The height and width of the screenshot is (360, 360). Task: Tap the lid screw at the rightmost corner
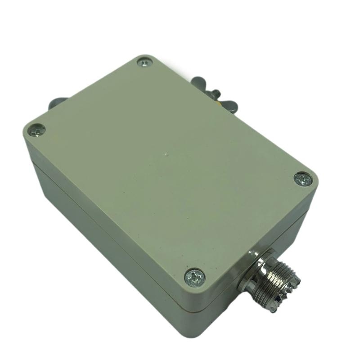point(303,179)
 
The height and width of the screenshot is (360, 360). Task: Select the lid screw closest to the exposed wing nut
point(145,63)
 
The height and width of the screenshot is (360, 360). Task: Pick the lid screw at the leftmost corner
point(37,130)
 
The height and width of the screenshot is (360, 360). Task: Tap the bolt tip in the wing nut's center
point(215,94)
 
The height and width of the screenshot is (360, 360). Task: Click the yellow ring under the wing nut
point(219,102)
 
